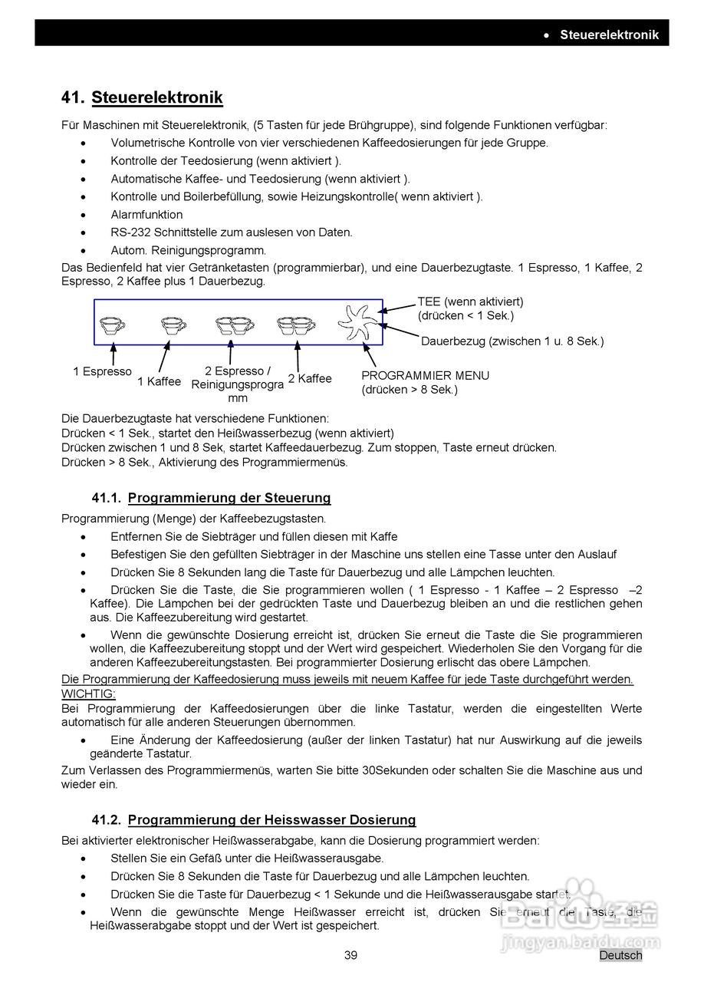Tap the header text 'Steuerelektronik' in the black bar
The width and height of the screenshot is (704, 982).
tap(608, 35)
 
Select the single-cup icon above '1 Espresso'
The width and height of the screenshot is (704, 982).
tap(113, 325)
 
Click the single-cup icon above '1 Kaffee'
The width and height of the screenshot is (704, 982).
tap(174, 325)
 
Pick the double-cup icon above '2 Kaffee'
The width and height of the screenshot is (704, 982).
tap(297, 325)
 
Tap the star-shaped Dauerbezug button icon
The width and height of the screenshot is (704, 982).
tap(359, 324)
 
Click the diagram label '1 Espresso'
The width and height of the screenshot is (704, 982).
tap(102, 371)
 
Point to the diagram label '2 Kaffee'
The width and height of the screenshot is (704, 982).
tap(310, 378)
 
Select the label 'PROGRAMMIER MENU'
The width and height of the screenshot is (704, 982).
tap(425, 376)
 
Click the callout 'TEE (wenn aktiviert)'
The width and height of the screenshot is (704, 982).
tap(470, 302)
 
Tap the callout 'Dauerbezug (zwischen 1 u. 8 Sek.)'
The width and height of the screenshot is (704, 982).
tap(512, 341)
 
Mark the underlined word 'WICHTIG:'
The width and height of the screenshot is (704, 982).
tap(88, 694)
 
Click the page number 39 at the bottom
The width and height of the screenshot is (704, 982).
tap(350, 955)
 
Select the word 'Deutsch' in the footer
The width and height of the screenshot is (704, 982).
tap(620, 955)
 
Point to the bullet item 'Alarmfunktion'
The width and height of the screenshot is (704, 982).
tap(146, 215)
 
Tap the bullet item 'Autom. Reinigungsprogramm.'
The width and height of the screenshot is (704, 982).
tap(188, 250)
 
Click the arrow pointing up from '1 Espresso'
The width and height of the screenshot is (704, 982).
tap(113, 354)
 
